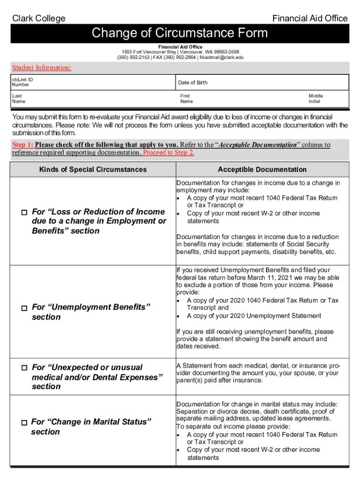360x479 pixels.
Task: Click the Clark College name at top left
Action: click(38, 18)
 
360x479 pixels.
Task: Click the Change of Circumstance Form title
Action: click(180, 33)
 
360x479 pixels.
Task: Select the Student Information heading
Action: click(42, 68)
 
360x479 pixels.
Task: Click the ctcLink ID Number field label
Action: click(22, 82)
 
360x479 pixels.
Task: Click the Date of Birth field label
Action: click(193, 83)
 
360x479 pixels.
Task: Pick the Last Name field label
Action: click(19, 99)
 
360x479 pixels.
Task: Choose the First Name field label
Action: click(187, 99)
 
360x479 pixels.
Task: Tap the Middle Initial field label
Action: click(316, 99)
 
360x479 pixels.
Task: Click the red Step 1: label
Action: click(22, 145)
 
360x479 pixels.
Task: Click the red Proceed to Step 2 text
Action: click(169, 153)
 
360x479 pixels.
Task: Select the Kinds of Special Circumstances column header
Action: click(93, 170)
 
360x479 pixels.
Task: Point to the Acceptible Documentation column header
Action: click(262, 170)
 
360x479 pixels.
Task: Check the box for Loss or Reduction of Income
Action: click(24, 212)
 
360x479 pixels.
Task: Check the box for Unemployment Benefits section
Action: click(24, 308)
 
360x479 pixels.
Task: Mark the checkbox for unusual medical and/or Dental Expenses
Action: click(24, 368)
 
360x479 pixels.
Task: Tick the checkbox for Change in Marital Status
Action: click(24, 422)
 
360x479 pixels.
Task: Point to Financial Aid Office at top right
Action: click(310, 18)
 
